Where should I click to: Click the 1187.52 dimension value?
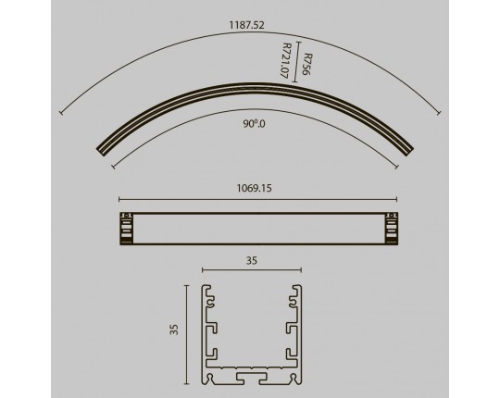(x=247, y=25)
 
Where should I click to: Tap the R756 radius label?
(x=307, y=65)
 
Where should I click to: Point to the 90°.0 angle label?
(x=254, y=124)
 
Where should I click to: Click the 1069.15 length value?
(x=254, y=188)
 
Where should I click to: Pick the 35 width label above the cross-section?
(x=252, y=261)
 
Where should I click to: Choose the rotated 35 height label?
(x=174, y=330)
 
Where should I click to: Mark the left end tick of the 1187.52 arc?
(x=60, y=113)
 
